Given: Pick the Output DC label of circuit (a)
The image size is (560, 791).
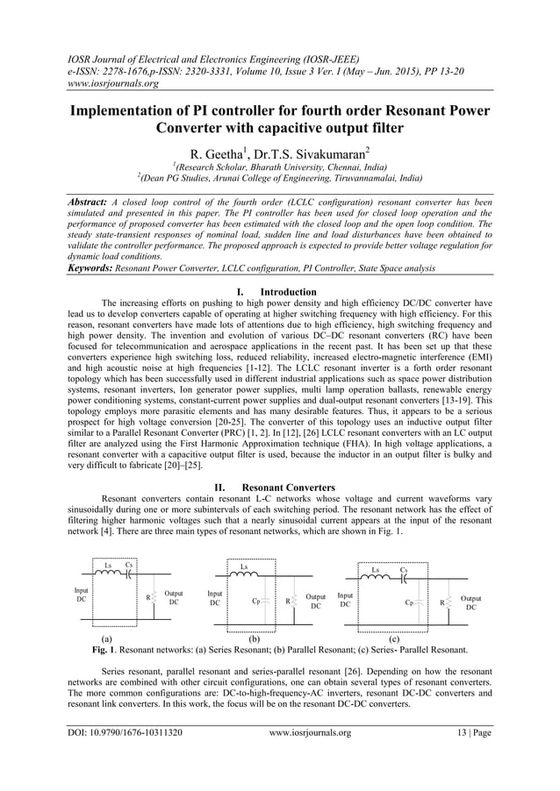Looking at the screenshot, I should point(173,598).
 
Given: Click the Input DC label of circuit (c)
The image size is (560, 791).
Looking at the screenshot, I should point(346,600).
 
